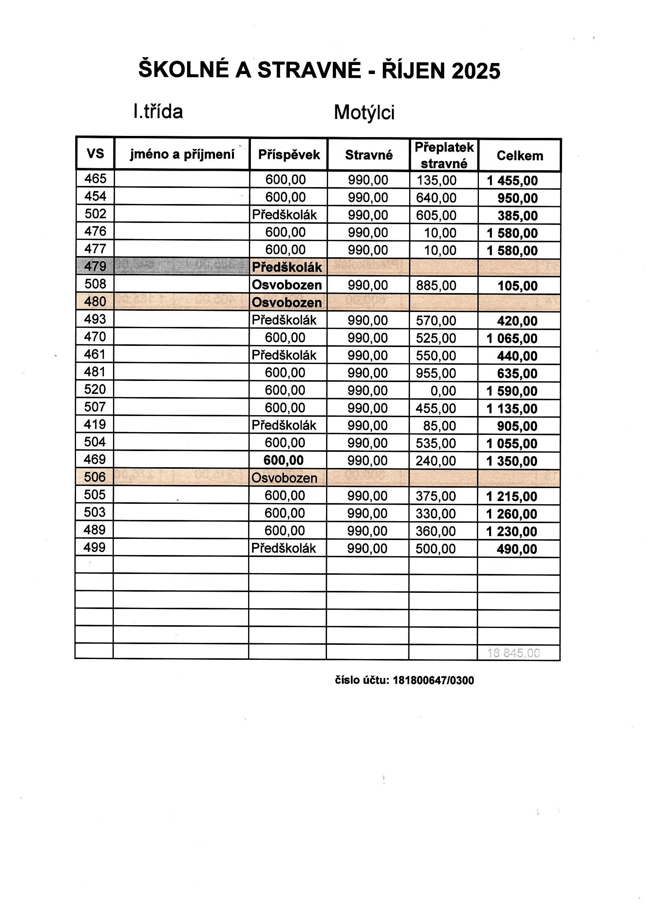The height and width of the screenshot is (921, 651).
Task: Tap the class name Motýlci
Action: [364, 112]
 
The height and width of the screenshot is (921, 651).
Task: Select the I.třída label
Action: [158, 111]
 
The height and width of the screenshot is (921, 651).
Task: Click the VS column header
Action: [95, 154]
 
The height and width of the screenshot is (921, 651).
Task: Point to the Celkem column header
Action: [519, 156]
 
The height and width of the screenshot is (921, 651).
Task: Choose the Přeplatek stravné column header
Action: [443, 155]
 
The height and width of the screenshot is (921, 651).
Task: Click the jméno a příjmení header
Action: [182, 154]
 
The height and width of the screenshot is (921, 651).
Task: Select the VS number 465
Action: [95, 178]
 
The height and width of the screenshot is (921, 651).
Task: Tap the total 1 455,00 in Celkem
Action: [512, 181]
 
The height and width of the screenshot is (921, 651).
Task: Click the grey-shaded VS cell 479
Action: [95, 266]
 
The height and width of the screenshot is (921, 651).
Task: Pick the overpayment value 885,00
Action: [436, 286]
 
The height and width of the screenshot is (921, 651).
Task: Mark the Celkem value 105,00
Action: [517, 286]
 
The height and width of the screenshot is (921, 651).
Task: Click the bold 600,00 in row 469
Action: [284, 460]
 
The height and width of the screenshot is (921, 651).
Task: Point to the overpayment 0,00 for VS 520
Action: [443, 391]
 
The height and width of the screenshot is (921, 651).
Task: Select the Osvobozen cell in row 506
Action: [284, 478]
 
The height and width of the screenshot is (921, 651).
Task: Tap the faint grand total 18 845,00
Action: [514, 653]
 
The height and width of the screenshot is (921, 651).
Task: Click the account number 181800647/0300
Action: [433, 680]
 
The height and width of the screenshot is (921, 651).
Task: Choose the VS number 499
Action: [95, 547]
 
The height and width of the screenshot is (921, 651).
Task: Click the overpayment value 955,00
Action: [436, 373]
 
